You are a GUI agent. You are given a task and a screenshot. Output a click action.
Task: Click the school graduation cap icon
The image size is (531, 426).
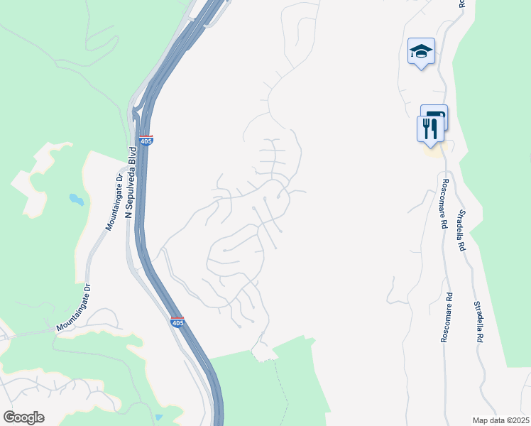[421, 51]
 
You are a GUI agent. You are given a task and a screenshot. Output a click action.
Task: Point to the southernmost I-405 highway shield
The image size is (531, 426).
[177, 322]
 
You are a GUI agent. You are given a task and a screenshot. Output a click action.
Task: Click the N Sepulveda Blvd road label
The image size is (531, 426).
[131, 182]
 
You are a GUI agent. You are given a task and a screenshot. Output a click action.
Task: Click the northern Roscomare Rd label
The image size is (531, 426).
[442, 209]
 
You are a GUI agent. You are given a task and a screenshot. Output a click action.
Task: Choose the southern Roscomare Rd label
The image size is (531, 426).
[445, 317]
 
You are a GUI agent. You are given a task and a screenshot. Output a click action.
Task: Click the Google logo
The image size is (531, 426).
[23, 417]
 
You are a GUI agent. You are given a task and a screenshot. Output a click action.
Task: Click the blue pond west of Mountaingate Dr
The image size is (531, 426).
[76, 200]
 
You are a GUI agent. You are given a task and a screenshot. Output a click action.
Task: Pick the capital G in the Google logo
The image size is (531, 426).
[10, 417]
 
